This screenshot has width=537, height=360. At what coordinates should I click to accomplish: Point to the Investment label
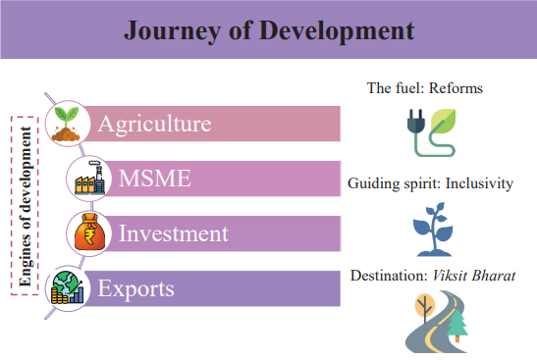[173, 233]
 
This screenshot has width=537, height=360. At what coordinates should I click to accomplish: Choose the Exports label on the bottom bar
[136, 288]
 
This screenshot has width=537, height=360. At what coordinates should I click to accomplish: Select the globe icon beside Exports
[68, 288]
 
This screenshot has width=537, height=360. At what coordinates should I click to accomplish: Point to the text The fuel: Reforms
[424, 89]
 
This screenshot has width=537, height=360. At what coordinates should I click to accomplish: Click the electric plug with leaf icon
[430, 131]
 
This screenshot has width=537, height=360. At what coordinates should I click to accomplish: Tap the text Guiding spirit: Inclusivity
[430, 183]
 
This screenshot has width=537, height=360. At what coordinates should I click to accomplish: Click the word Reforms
[454, 89]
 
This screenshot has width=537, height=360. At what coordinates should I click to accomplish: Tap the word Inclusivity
[479, 183]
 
